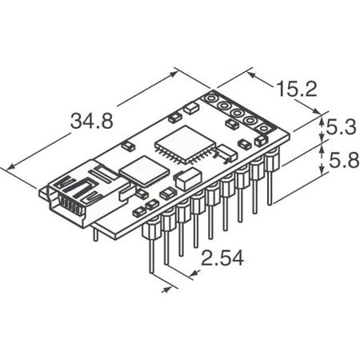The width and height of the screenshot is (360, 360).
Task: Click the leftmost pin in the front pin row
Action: pos(150,248)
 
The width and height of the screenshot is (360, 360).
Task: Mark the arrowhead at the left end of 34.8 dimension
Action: pos(9,166)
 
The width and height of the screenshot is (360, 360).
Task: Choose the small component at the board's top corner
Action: pos(191,107)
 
